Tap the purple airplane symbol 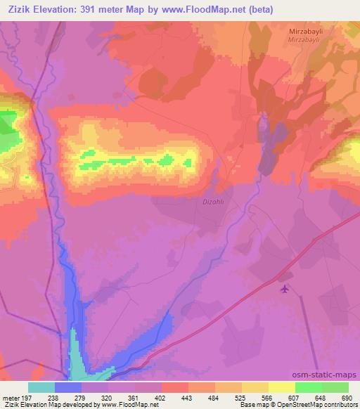click(x=284, y=289)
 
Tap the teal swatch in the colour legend click(x=41, y=387)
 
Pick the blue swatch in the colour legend click(x=67, y=387)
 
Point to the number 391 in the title click(x=90, y=9)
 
